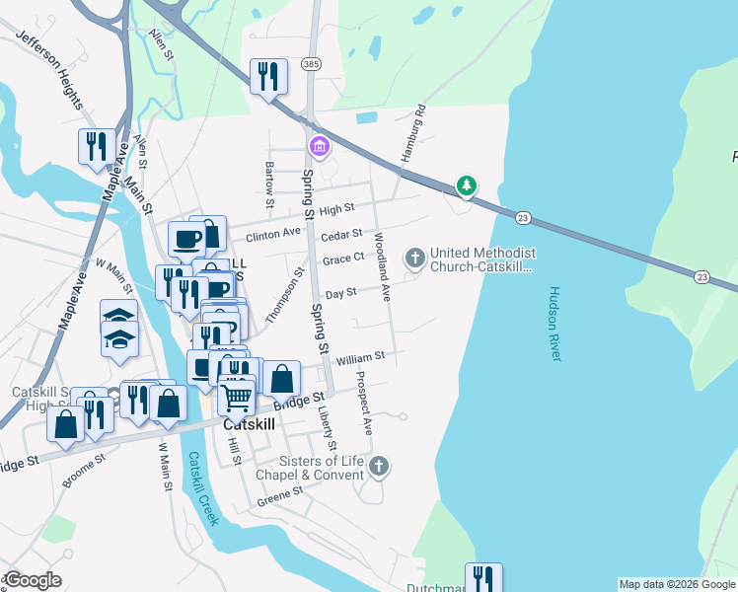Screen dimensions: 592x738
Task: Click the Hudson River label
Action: tap(553, 324)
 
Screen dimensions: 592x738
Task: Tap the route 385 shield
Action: tap(312, 64)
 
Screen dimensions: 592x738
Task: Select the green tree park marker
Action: tap(466, 185)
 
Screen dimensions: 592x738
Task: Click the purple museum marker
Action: tap(319, 148)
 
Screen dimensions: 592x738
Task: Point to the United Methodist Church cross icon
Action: tap(415, 259)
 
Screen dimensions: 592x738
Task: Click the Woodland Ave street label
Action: tap(381, 266)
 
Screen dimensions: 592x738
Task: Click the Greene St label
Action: tap(278, 495)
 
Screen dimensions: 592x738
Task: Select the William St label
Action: tap(359, 356)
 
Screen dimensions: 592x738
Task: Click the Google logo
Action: tap(33, 579)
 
